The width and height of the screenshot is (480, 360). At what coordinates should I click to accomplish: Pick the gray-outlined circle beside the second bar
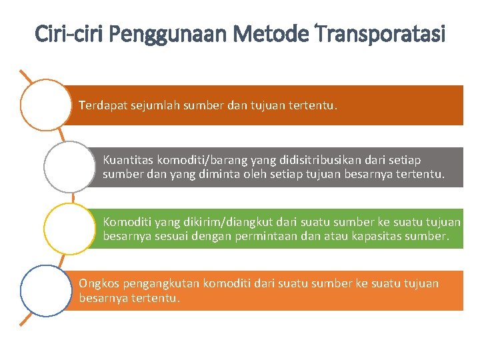tap(69, 167)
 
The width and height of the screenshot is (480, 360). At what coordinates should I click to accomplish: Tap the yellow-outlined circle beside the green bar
tap(69, 229)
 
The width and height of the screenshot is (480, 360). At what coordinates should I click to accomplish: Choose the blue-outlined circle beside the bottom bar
tap(45, 290)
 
